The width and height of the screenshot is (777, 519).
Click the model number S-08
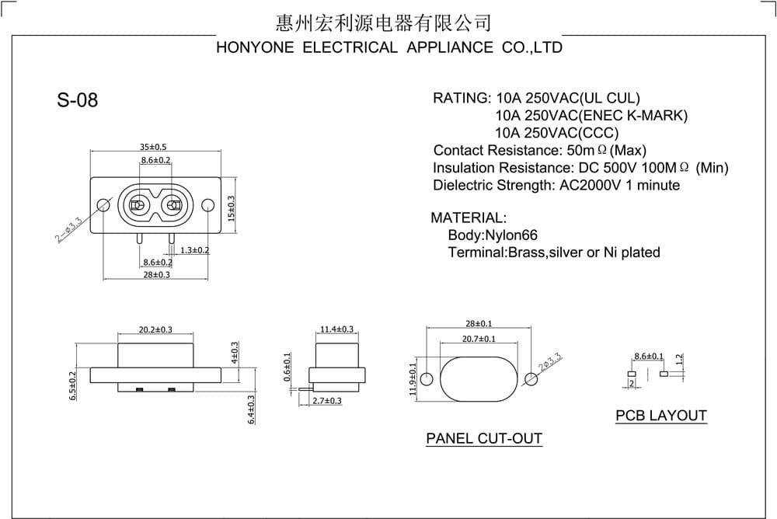[77, 99]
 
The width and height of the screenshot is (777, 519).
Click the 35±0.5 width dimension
[153, 147]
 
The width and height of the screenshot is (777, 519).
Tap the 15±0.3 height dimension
[231, 209]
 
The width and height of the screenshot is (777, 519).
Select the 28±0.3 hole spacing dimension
[157, 274]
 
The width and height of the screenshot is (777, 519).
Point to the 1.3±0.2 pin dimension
[195, 250]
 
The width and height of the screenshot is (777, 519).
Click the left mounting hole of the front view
[103, 204]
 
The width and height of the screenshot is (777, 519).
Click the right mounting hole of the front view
[208, 204]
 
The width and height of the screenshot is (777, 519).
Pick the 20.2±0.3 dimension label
[155, 329]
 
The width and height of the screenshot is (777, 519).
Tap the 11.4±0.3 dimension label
[337, 329]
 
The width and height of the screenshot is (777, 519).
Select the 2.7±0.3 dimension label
[327, 401]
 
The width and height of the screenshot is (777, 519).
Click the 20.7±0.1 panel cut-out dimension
[479, 339]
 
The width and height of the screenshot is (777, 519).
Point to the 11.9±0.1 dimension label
[413, 379]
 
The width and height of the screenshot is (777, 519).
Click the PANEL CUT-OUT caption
[484, 439]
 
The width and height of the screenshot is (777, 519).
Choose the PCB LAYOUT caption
[661, 416]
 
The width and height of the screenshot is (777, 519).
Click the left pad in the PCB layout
[631, 374]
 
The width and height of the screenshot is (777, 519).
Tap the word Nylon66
[511, 235]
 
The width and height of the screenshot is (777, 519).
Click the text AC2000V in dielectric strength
[591, 186]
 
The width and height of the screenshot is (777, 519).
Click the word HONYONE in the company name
[255, 47]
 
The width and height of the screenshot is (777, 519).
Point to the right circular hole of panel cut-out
[531, 380]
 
